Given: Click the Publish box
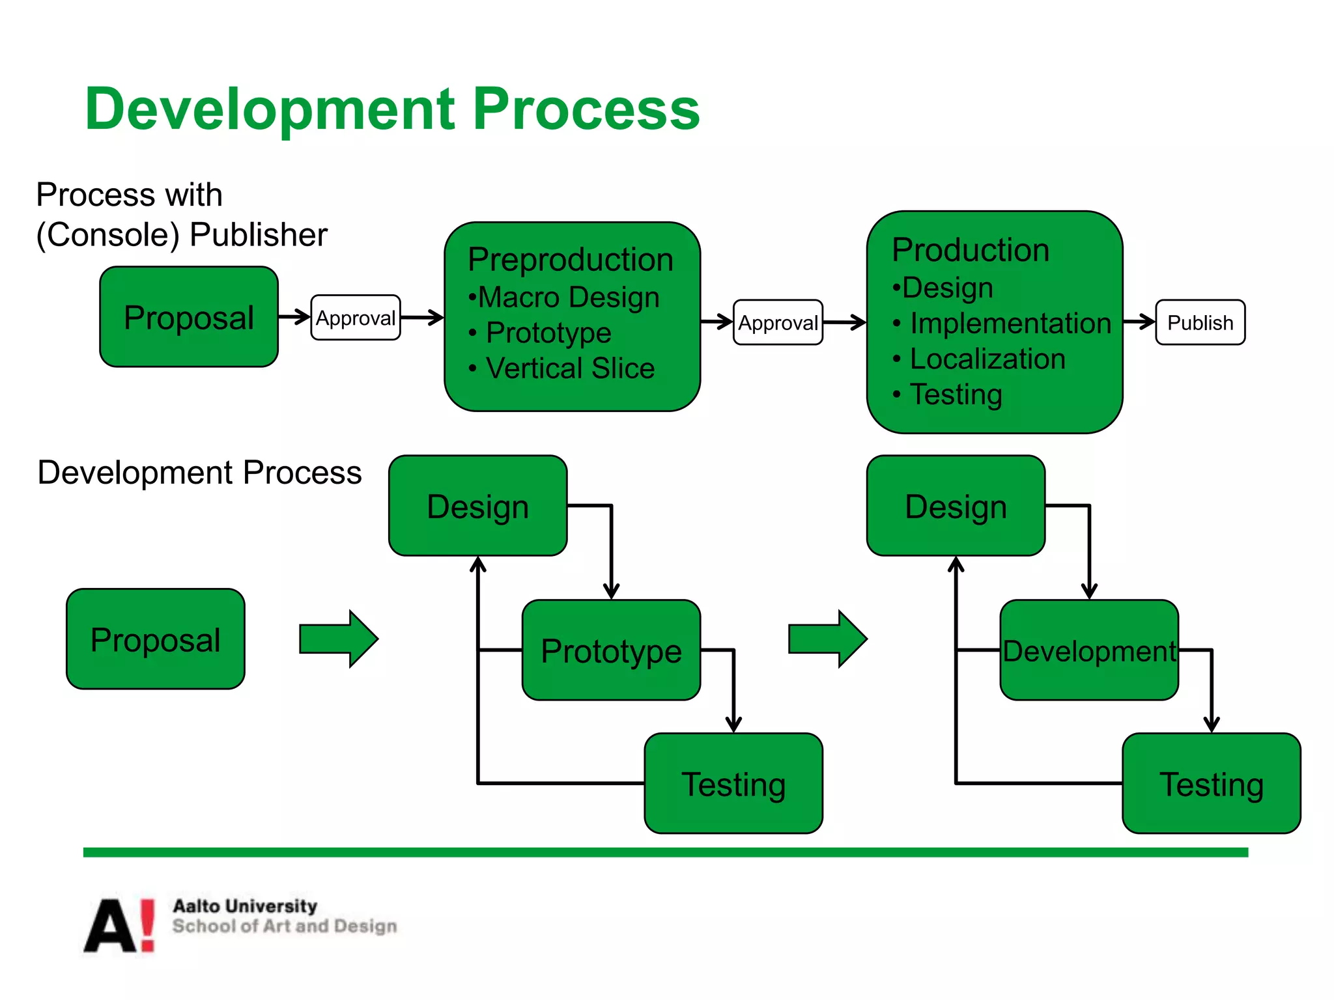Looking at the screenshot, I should (x=1200, y=322).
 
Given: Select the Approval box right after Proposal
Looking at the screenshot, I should (x=356, y=318).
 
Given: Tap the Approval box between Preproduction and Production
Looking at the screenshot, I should (x=778, y=322).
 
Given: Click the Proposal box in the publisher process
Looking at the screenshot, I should (x=189, y=317).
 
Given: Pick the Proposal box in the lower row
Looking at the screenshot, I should (x=156, y=639).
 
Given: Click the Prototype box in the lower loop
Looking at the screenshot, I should (x=611, y=650).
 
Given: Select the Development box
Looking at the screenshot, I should (x=1089, y=650).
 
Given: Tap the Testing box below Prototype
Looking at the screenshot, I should (x=733, y=784).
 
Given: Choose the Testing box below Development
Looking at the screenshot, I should (x=1212, y=784).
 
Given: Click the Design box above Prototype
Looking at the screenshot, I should (x=477, y=506).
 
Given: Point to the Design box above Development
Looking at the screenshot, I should (x=956, y=506).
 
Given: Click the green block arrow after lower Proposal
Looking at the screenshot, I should (x=338, y=639).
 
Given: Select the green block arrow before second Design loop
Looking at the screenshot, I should (x=827, y=639).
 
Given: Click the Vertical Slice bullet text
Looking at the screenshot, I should (x=570, y=368).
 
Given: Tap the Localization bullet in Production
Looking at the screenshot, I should (x=987, y=359).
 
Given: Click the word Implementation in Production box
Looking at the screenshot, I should (x=1010, y=324).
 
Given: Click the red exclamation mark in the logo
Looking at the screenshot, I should (x=148, y=924).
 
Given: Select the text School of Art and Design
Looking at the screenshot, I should (x=285, y=926).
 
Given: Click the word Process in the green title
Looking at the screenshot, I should (x=586, y=109).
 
